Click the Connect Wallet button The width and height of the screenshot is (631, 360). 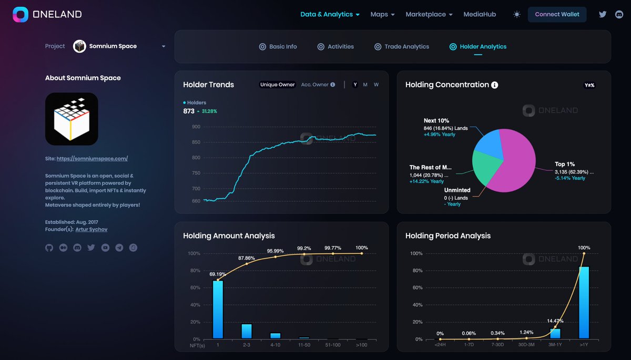pos(557,14)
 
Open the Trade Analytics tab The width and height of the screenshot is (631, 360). pos(401,47)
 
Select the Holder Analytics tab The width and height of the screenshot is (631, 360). pos(478,47)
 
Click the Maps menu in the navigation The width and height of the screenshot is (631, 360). pos(382,14)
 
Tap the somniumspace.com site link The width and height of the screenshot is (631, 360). pos(92,159)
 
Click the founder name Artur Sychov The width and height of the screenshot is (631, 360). pos(91,229)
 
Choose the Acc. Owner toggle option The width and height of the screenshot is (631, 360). pos(318,85)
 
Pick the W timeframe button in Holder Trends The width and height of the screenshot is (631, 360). pos(376,85)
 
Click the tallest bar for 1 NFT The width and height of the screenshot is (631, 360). pos(218,310)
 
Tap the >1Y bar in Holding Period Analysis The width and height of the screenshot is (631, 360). pos(584,302)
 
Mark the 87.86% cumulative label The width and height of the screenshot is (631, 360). pos(247,258)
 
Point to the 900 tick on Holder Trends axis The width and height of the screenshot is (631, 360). pos(196,127)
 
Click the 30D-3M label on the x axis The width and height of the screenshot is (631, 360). pos(526,345)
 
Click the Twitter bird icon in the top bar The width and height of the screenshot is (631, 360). pos(603,14)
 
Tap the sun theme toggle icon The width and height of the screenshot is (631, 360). pos(516,14)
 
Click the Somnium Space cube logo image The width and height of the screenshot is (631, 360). pos(72,119)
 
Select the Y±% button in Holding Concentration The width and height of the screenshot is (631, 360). pos(589,85)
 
